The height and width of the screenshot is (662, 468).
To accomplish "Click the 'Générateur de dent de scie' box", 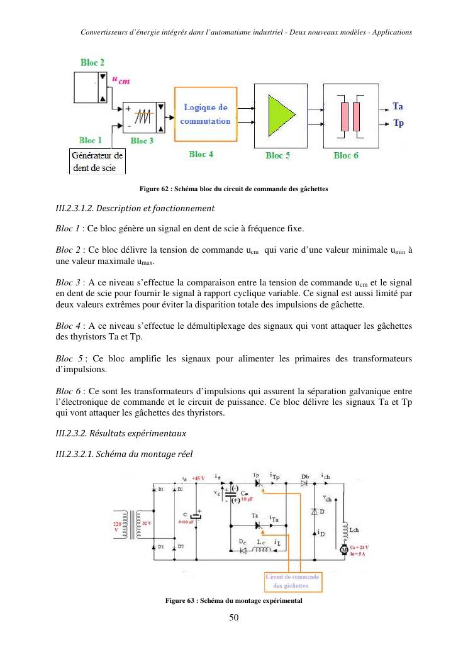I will coord(97,161).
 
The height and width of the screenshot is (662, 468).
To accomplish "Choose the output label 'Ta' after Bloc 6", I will coord(398,106).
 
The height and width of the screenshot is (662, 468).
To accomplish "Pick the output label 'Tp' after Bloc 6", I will coord(398,123).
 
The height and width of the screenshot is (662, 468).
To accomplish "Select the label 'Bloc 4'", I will coord(201,154).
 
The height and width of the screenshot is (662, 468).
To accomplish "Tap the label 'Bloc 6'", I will coord(345,155).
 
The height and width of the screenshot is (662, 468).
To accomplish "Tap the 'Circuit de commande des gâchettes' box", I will coord(292,582).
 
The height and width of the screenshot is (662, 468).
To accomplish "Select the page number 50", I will coord(233,618).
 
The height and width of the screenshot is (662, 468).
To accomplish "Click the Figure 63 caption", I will coord(233,601).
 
